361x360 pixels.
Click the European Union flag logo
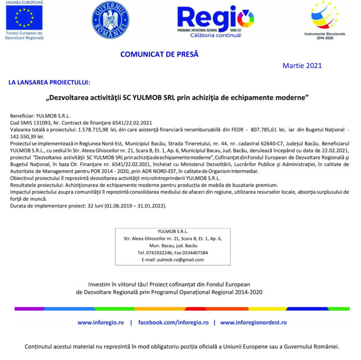click(x=24, y=18)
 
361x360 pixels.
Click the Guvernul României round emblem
click(x=110, y=20)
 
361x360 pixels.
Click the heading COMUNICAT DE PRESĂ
click(x=159, y=54)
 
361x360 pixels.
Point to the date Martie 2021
click(x=302, y=66)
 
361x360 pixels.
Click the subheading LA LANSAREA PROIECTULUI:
click(x=49, y=82)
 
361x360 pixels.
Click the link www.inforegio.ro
click(x=101, y=322)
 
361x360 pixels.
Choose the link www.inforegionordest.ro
click(x=253, y=322)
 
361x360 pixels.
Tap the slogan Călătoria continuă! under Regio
click(x=216, y=35)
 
